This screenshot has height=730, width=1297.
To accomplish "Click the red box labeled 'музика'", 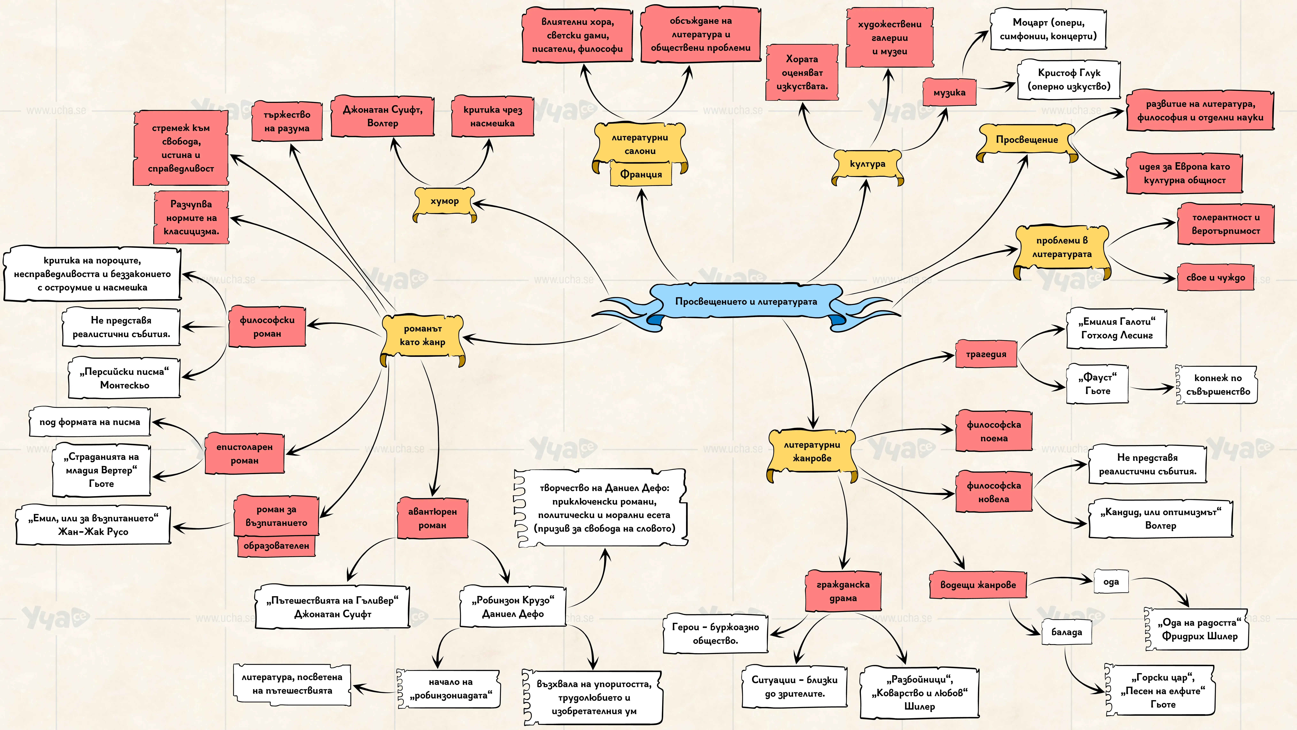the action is pyautogui.click(x=949, y=92).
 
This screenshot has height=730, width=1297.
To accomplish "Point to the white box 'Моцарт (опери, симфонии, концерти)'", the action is pyautogui.click(x=1048, y=29).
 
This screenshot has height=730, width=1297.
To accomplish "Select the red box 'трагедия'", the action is pyautogui.click(x=986, y=354).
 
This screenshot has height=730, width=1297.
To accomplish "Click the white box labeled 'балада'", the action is pyautogui.click(x=1066, y=632).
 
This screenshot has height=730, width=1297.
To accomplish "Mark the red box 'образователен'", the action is pyautogui.click(x=276, y=546).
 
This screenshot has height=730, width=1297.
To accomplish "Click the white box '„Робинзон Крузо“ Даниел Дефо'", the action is pyautogui.click(x=513, y=607).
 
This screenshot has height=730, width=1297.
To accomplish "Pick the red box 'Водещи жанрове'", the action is pyautogui.click(x=978, y=585).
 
